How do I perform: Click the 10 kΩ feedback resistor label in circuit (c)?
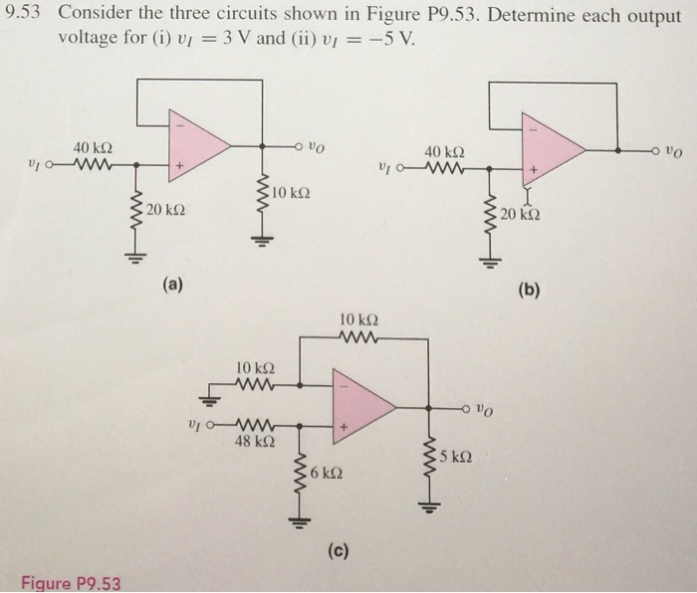coord(357,320)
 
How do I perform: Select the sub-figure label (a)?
coord(174,285)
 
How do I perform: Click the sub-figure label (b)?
coord(529,290)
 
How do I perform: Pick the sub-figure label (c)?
coord(354,548)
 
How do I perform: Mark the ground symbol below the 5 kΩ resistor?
coord(430,507)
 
